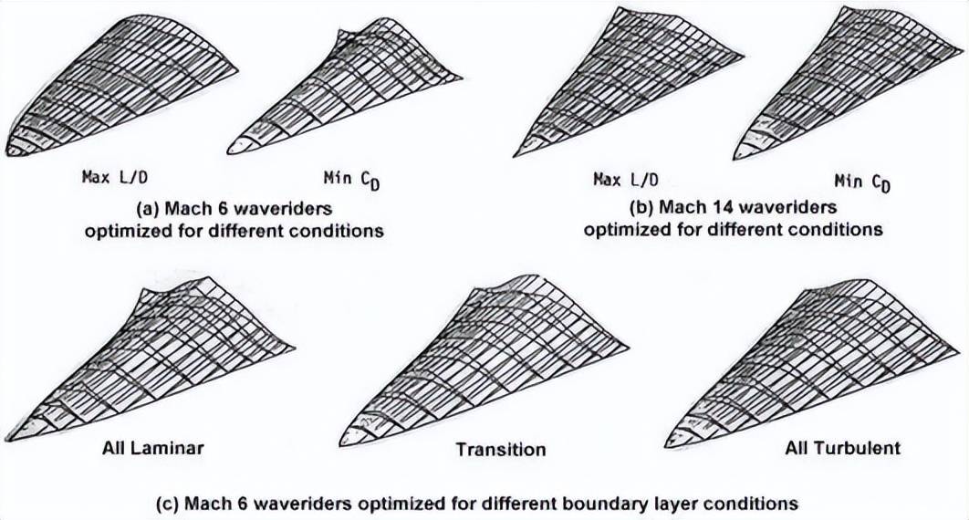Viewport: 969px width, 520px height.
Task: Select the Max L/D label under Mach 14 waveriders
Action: click(x=625, y=179)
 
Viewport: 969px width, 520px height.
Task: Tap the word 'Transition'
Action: click(x=501, y=449)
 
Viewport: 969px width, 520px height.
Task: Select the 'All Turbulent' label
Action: click(x=842, y=448)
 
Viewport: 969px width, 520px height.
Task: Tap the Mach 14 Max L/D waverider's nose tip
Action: click(x=516, y=154)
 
